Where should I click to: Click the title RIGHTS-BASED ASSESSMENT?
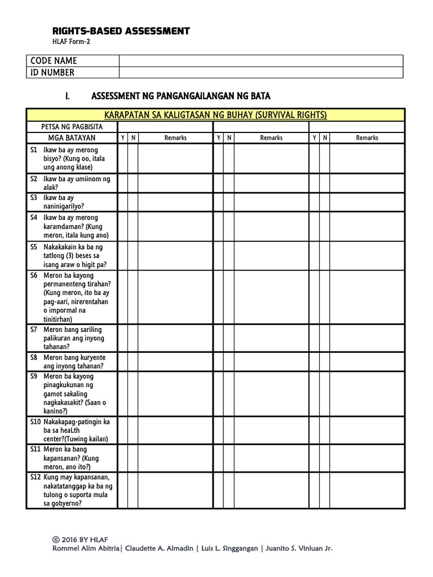(x=121, y=32)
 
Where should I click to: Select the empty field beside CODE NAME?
(x=260, y=61)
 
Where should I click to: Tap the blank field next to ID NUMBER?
(x=260, y=72)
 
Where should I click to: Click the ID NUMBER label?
(x=52, y=72)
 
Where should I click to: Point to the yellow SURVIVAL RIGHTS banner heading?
(x=215, y=115)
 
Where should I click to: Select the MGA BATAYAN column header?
(x=72, y=137)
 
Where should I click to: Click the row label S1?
(x=34, y=150)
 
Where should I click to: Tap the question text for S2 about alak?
(x=77, y=183)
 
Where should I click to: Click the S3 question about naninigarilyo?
(x=63, y=202)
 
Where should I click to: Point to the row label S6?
(x=34, y=276)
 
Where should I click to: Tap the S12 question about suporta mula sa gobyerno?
(x=78, y=490)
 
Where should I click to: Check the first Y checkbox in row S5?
(x=122, y=255)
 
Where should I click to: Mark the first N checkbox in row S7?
(x=133, y=338)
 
